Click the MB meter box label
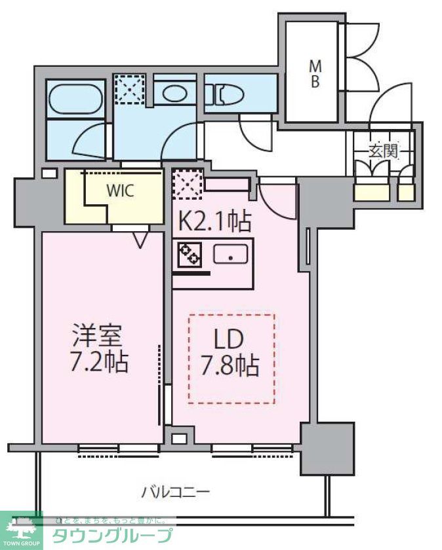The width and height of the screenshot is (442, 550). tap(315, 73)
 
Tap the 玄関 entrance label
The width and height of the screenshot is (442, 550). tap(382, 151)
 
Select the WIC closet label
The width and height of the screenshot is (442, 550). tap(121, 191)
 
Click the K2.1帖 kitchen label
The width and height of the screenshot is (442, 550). tap(214, 223)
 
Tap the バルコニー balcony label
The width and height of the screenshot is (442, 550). tap(175, 490)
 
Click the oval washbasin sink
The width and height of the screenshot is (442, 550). tap(175, 92)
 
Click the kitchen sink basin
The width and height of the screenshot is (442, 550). tap(231, 254)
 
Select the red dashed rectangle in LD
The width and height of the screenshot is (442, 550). tap(231, 358)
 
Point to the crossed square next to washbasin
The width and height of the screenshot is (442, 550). tap(129, 88)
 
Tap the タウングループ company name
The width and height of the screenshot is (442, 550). tap(112, 536)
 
